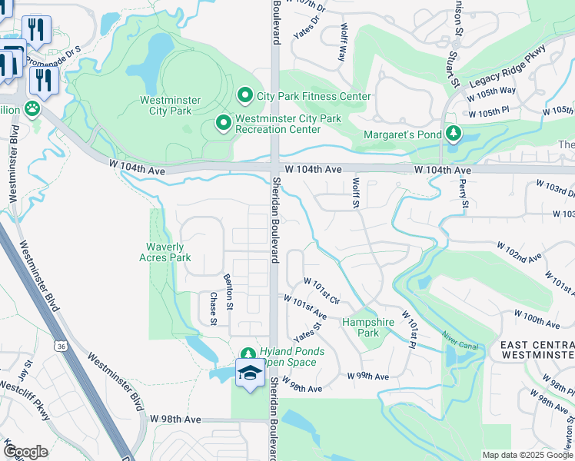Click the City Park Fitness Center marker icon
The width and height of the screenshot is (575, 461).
245,95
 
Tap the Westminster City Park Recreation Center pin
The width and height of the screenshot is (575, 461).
224,123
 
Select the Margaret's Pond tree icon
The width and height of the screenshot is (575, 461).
454,134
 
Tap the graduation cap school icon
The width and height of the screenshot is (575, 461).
249,373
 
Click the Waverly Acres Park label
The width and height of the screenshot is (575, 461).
165,252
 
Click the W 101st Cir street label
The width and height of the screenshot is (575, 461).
322,291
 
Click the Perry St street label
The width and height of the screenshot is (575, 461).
464,194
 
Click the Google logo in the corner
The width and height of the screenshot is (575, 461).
25,452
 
